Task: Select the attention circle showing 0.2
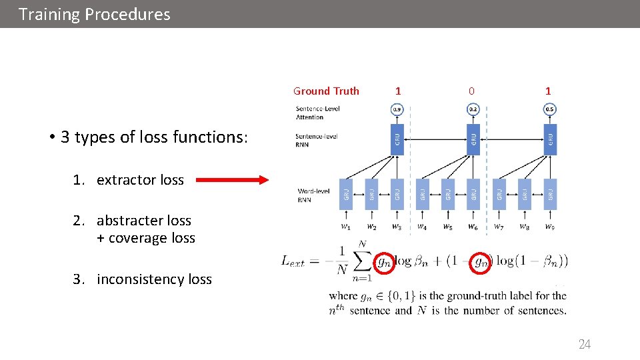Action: point(473,109)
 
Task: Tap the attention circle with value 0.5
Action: point(550,109)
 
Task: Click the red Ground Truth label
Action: point(326,91)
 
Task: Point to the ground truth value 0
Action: point(471,91)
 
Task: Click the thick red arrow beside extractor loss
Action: point(231,179)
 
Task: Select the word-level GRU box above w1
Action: point(346,193)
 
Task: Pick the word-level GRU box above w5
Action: point(448,193)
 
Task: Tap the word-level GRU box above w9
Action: point(550,193)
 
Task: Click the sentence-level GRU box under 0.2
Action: point(473,139)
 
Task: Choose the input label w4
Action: point(422,227)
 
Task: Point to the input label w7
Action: point(499,227)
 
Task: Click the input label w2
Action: point(371,227)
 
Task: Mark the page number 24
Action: point(585,345)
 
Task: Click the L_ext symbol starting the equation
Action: point(293,261)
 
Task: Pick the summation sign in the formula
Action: point(361,259)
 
